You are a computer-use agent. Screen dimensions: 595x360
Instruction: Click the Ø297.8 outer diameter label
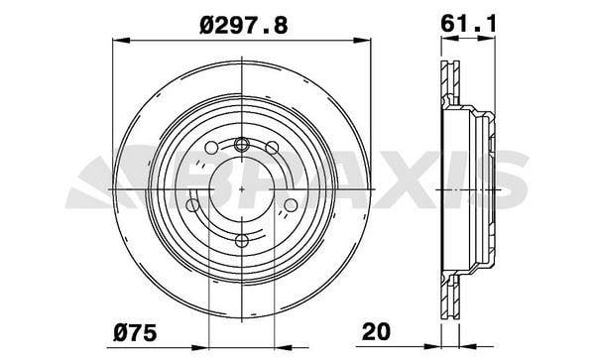[x=244, y=26]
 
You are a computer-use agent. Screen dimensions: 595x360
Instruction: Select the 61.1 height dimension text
[x=468, y=24]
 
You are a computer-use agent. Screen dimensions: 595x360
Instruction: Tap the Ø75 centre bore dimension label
[x=136, y=332]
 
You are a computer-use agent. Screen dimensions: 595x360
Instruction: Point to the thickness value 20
[x=376, y=331]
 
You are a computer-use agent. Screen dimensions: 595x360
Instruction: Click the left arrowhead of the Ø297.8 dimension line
[x=121, y=40]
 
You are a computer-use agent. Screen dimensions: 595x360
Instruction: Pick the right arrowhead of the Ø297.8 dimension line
[x=362, y=40]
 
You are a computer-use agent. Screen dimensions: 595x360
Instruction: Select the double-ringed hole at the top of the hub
[x=241, y=144]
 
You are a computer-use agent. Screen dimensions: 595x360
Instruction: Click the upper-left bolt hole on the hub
[x=211, y=148]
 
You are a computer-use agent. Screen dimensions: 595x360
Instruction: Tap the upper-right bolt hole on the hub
[x=272, y=148]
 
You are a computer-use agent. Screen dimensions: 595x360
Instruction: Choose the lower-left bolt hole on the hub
[x=192, y=205]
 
